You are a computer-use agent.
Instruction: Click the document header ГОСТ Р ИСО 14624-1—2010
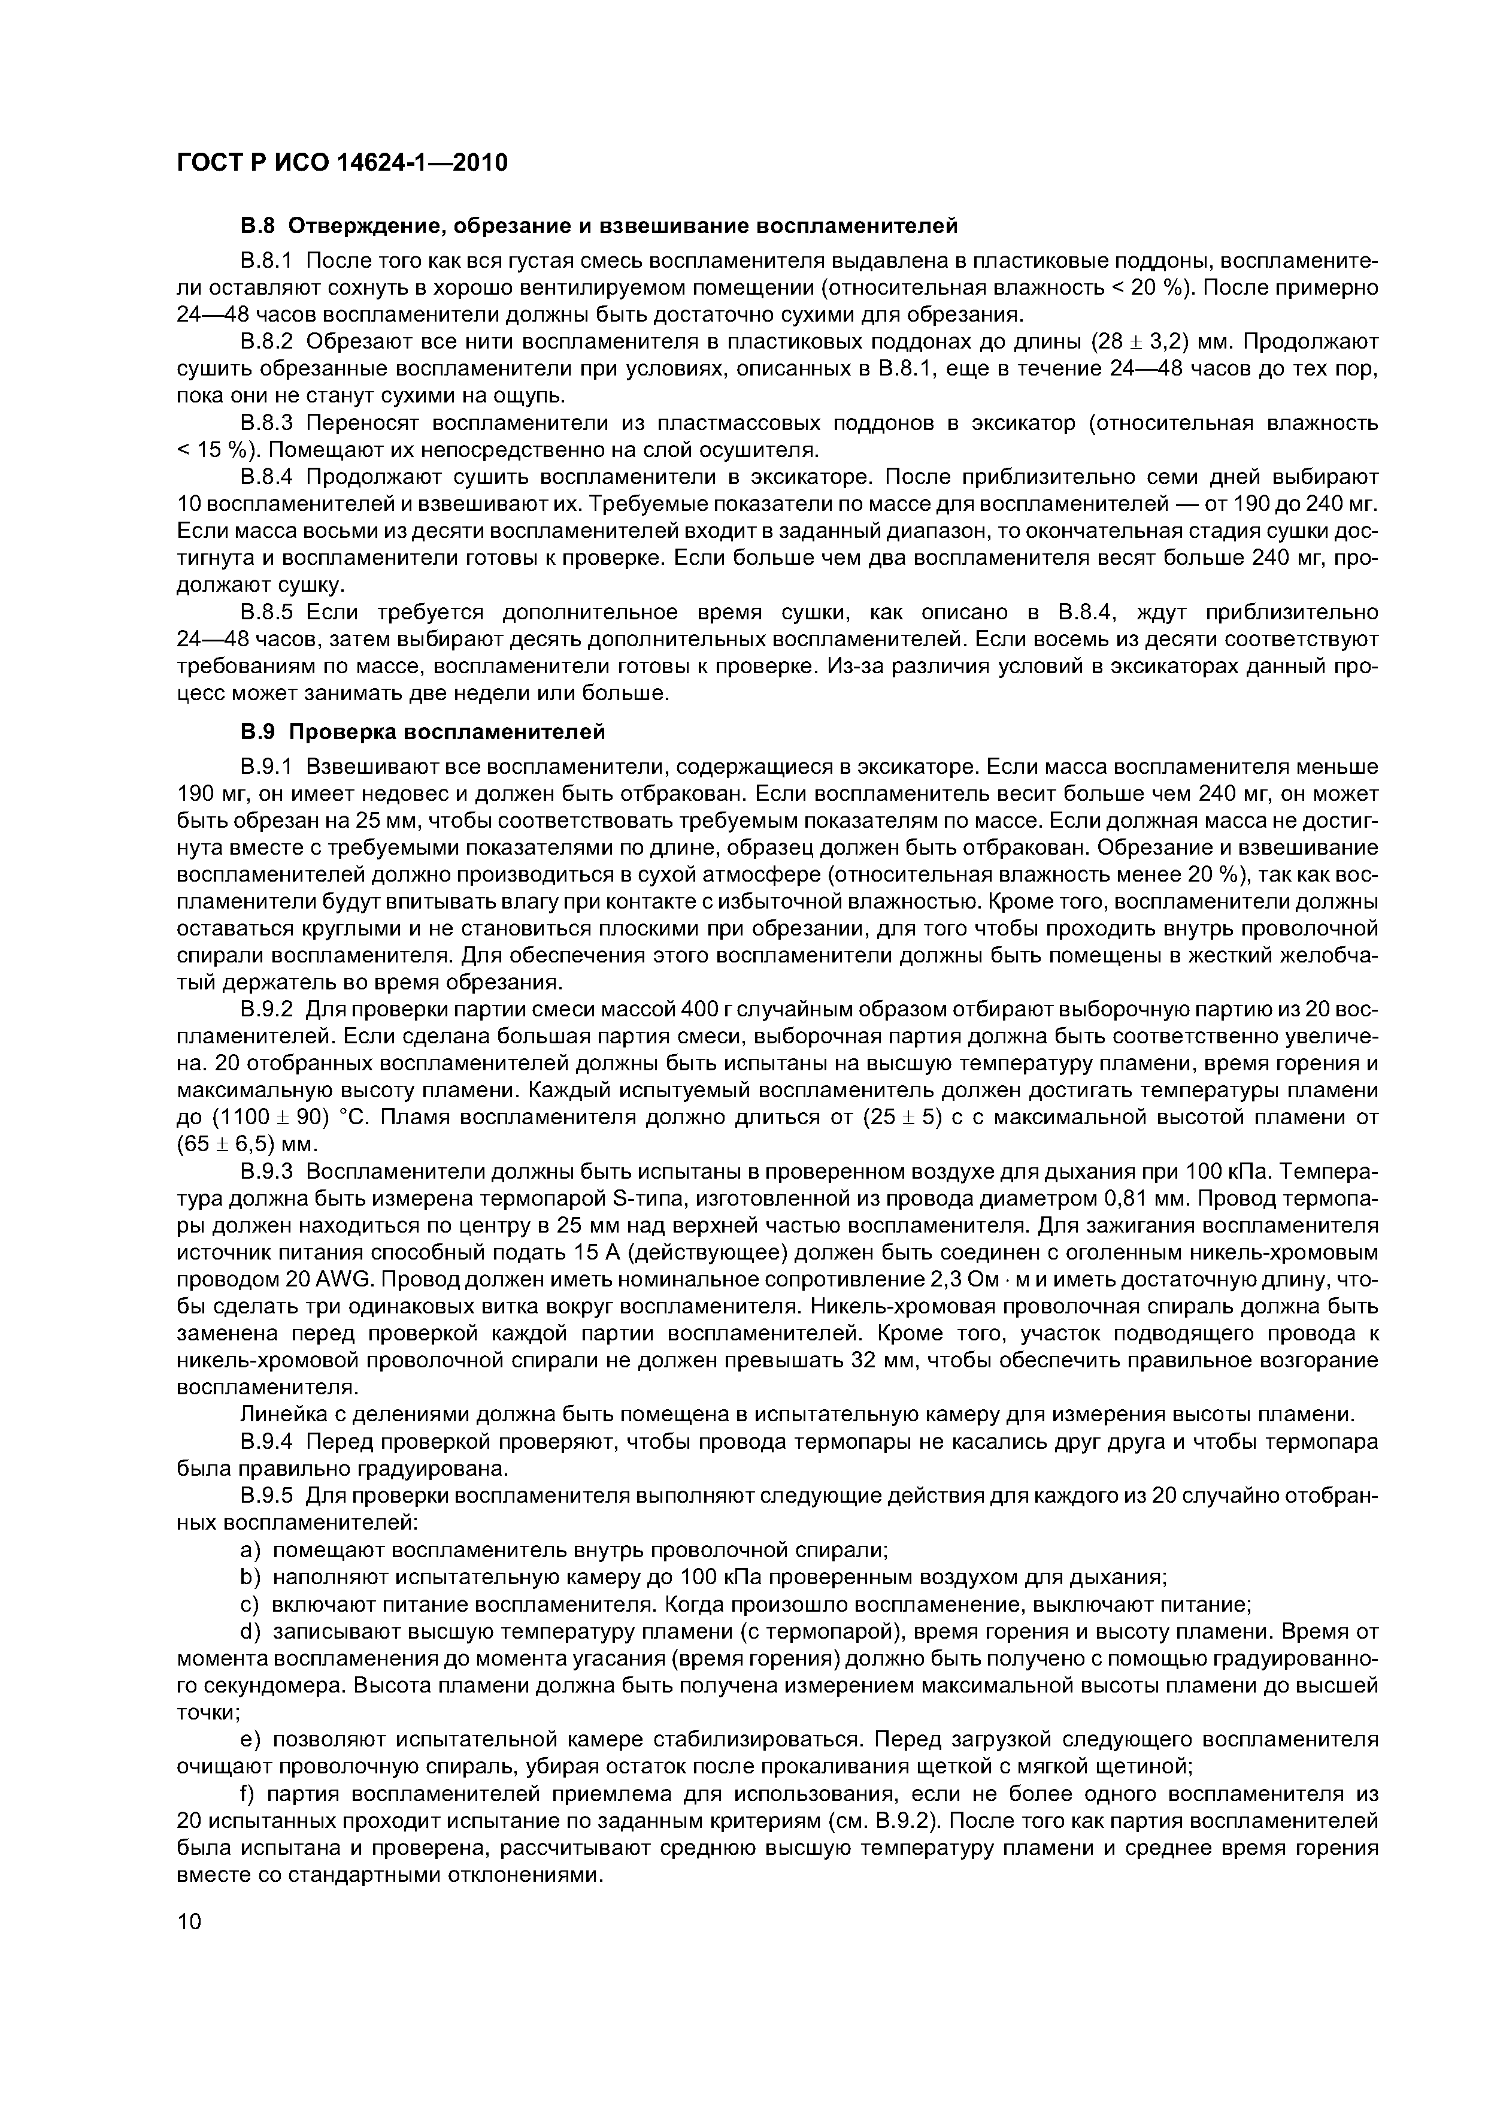(340, 163)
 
